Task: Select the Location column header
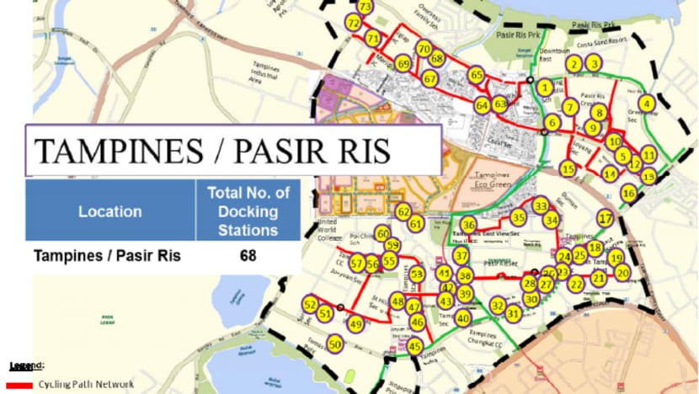pos(110,211)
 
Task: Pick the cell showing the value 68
pos(248,254)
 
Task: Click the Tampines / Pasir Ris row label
pos(106,255)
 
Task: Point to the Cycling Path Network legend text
pos(86,385)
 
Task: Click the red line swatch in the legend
pos(19,385)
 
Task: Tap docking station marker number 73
pos(365,7)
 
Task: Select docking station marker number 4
pos(647,104)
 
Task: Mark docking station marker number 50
pos(335,343)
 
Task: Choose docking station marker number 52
pos(310,304)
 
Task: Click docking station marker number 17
pos(605,217)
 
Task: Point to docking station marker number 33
pos(541,205)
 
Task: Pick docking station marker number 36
pos(468,225)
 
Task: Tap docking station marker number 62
pos(403,211)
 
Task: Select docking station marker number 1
pos(546,87)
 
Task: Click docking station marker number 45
pos(415,346)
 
